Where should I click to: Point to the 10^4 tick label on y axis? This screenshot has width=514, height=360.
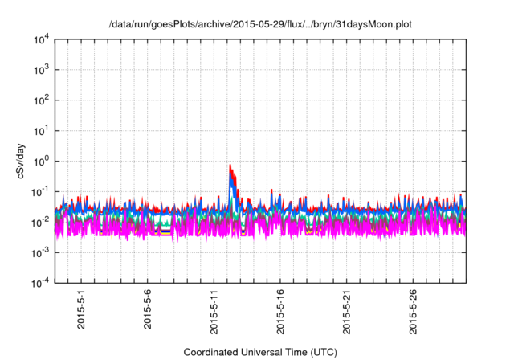click(40, 39)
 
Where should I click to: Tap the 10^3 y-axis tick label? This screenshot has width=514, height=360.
click(40, 70)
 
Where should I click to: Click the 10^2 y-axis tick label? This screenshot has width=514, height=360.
click(40, 100)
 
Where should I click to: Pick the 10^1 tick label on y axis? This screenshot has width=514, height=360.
click(40, 131)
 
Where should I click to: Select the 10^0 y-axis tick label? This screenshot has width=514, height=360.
click(40, 161)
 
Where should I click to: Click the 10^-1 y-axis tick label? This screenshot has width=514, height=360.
click(40, 191)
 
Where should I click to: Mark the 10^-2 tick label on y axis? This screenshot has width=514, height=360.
click(40, 222)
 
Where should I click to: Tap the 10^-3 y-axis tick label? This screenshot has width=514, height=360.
click(40, 252)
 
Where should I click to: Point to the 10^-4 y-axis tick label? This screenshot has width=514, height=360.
click(40, 283)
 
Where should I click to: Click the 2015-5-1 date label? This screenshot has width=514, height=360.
click(81, 310)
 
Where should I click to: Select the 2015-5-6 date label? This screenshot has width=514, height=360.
click(148, 310)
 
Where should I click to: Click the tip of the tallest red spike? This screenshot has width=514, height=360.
click(230, 166)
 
